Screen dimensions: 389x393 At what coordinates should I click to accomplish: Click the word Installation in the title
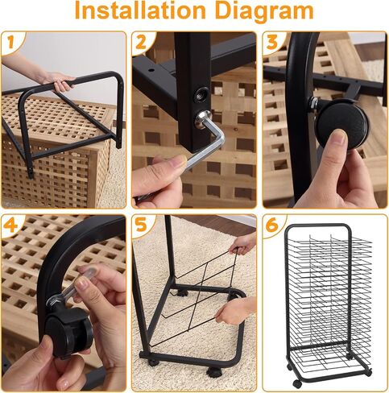tap(140, 10)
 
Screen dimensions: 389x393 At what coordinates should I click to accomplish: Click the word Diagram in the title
tap(264, 12)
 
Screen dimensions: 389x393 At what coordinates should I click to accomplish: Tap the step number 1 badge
tap(11, 42)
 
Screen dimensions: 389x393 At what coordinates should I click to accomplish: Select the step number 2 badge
tap(141, 42)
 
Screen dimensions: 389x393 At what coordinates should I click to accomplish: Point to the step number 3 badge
tap(272, 42)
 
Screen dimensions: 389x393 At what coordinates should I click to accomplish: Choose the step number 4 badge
tap(10, 225)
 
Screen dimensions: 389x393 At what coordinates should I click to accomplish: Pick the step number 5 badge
tap(141, 225)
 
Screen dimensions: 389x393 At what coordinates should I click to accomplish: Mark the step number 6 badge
tap(272, 225)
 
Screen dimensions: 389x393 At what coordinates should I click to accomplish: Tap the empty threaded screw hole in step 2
tap(201, 94)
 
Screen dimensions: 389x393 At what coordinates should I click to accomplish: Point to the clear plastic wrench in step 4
tap(74, 284)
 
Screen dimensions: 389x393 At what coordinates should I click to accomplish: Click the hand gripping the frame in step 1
tap(61, 81)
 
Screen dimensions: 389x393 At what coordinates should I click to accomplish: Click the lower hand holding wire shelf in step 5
tap(236, 312)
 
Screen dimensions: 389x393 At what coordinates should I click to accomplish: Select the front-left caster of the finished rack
tap(297, 383)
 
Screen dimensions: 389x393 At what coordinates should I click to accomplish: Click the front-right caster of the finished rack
tap(368, 372)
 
